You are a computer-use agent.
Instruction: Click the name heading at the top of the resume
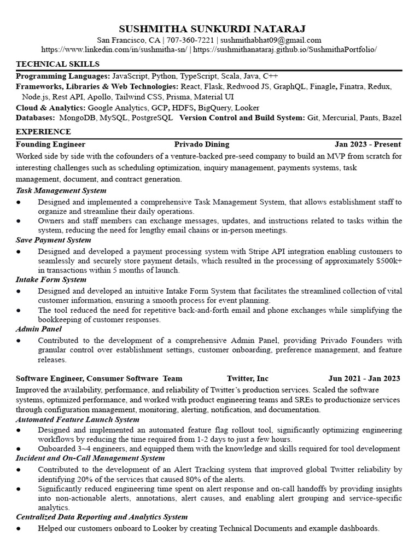tap(209, 28)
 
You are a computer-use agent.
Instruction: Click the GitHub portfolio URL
tap(285, 49)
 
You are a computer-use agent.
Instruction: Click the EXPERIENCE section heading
tap(43, 132)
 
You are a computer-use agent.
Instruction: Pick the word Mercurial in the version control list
tap(341, 118)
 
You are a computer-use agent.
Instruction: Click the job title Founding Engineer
tap(50, 144)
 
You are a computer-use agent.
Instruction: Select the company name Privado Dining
tap(201, 144)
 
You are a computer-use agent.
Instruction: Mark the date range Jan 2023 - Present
tap(367, 144)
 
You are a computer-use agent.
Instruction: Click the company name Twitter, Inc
tap(248, 378)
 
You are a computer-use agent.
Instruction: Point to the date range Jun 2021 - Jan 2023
tap(364, 378)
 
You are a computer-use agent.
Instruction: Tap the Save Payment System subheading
tap(54, 240)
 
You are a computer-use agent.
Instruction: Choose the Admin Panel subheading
tap(38, 329)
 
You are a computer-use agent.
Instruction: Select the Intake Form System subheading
tap(51, 279)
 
